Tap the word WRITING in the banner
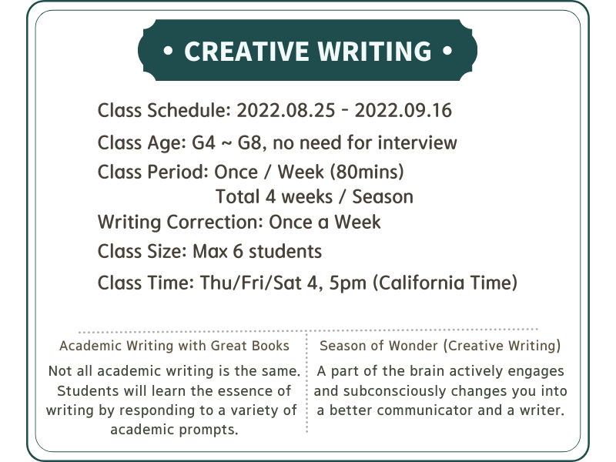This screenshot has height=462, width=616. pyautogui.click(x=374, y=51)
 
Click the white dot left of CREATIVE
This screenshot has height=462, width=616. pyautogui.click(x=168, y=51)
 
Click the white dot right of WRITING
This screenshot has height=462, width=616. pyautogui.click(x=447, y=51)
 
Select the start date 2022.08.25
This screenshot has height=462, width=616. pyautogui.click(x=286, y=110)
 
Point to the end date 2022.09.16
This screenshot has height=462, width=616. pyautogui.click(x=403, y=110)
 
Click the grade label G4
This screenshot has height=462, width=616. pyautogui.click(x=203, y=142)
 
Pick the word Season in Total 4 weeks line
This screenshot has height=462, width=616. pyautogui.click(x=383, y=197)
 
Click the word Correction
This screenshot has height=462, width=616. pyautogui.click(x=215, y=222)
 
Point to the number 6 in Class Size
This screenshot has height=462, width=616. pyautogui.click(x=238, y=252)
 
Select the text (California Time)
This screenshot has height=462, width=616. pyautogui.click(x=445, y=283)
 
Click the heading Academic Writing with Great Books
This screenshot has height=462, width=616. pyautogui.click(x=174, y=346)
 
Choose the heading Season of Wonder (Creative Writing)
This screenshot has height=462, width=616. pyautogui.click(x=440, y=346)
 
